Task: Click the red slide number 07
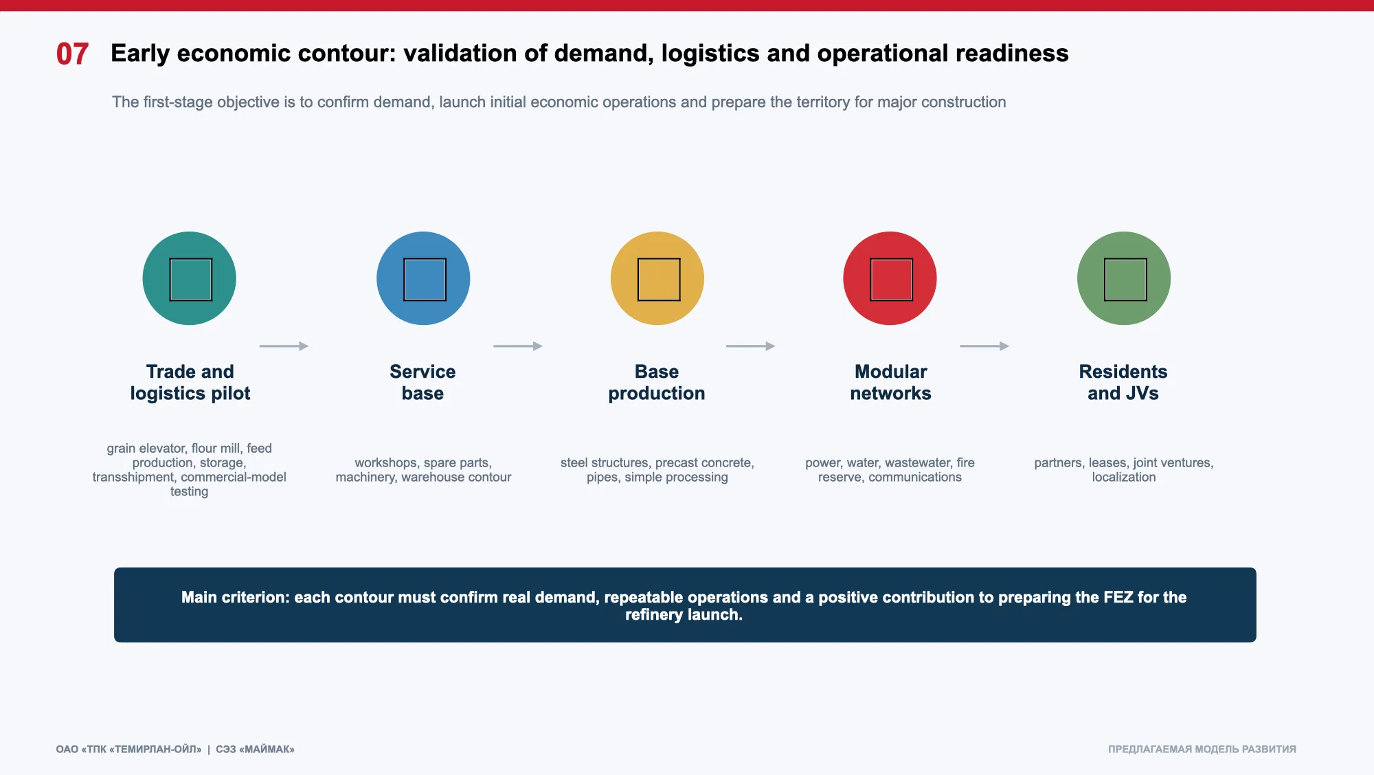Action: pyautogui.click(x=72, y=54)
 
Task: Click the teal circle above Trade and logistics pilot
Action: pyautogui.click(x=190, y=278)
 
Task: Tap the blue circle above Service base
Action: pyautogui.click(x=423, y=278)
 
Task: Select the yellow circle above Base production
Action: pyautogui.click(x=657, y=278)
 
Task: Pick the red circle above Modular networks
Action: pyautogui.click(x=890, y=278)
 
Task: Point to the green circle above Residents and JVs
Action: pyautogui.click(x=1124, y=278)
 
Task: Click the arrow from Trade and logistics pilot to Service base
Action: pyautogui.click(x=284, y=346)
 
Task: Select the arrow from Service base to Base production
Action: pyautogui.click(x=518, y=346)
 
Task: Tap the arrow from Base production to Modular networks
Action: pyautogui.click(x=751, y=346)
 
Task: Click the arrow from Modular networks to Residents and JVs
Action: pyautogui.click(x=984, y=346)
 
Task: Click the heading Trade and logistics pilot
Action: pyautogui.click(x=190, y=383)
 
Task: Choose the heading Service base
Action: pyautogui.click(x=423, y=383)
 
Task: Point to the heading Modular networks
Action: pyautogui.click(x=890, y=383)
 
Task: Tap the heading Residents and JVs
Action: pyautogui.click(x=1123, y=383)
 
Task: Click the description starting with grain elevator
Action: pyautogui.click(x=190, y=470)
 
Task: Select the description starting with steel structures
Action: pyautogui.click(x=657, y=470)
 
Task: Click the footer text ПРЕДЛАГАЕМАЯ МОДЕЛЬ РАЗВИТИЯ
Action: pyautogui.click(x=1202, y=750)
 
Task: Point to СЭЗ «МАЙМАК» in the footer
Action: pyautogui.click(x=255, y=750)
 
